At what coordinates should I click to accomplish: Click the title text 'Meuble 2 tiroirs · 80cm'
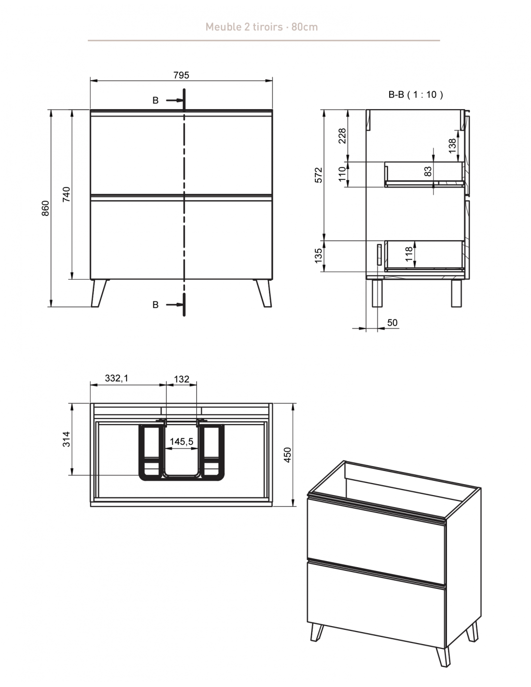coord(262,27)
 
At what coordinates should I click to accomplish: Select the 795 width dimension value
coord(182,75)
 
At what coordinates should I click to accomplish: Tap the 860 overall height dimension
coord(45,208)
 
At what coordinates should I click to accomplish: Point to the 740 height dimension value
coord(66,194)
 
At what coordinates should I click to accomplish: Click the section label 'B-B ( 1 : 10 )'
coord(415,95)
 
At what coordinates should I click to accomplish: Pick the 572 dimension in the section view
coord(319,175)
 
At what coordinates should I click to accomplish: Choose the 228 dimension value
coord(342,136)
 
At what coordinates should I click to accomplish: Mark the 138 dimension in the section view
coord(453,146)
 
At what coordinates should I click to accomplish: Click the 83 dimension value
coord(428,172)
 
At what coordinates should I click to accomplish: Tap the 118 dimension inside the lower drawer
coord(409,254)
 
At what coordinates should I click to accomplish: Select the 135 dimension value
coord(319,256)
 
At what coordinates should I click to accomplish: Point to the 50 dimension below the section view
coord(392,323)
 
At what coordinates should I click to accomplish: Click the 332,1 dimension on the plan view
coord(116,378)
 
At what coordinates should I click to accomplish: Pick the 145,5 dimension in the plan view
coord(182,442)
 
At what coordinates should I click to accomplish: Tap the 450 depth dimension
coord(287,455)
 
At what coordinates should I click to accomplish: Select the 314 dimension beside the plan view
coord(66,439)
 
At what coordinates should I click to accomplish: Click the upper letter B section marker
coord(155,100)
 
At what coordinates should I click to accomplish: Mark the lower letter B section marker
coord(155,305)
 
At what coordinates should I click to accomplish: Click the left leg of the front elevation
coord(99,293)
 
